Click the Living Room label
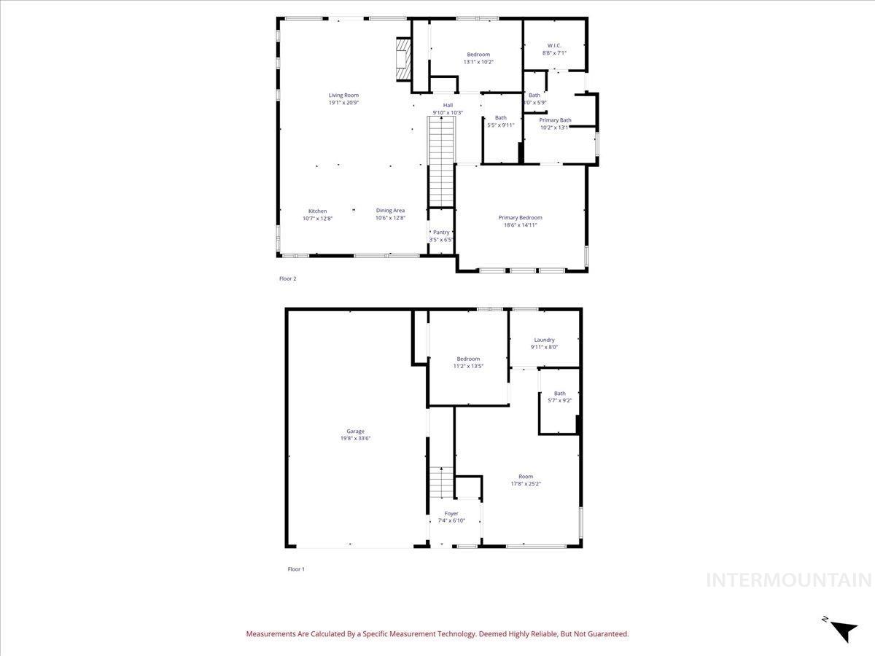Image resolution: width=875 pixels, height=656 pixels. (343, 95)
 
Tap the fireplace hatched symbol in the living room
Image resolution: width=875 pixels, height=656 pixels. (401, 62)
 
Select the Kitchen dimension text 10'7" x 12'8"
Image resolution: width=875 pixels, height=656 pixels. (317, 218)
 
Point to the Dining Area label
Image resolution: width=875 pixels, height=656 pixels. (390, 211)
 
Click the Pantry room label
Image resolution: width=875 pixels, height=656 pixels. (441, 233)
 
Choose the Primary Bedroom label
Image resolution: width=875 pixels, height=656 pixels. (520, 217)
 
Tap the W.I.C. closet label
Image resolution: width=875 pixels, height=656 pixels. (553, 46)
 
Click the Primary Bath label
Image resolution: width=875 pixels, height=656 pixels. (555, 120)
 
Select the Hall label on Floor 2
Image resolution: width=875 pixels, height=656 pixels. (448, 105)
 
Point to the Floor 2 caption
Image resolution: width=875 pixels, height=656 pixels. (288, 278)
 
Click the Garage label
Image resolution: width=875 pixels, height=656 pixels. (355, 431)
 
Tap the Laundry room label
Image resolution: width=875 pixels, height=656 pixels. (544, 340)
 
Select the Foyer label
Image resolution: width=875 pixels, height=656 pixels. (451, 513)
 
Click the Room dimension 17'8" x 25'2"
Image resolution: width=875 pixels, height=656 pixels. (525, 483)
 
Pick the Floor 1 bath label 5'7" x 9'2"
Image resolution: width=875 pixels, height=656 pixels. (559, 400)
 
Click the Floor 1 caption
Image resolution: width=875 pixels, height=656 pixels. (296, 569)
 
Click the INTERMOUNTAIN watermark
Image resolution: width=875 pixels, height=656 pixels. (789, 580)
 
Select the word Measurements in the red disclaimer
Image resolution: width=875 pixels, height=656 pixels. (270, 634)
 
